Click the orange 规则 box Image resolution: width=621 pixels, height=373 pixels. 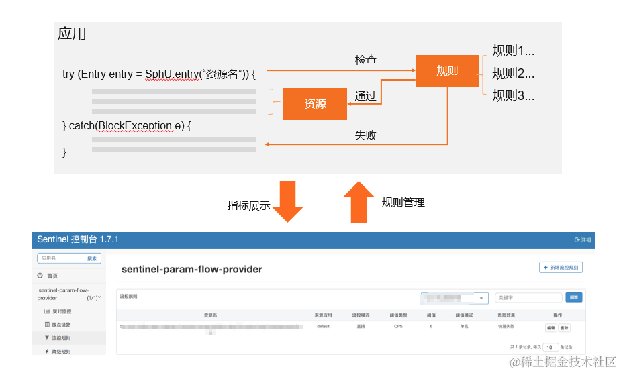coord(446,70)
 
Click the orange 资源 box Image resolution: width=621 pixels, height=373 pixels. coord(315,104)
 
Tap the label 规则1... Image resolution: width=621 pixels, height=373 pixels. coord(513,51)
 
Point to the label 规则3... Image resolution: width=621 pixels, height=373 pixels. coord(513,95)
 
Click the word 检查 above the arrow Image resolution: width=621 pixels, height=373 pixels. coord(365,60)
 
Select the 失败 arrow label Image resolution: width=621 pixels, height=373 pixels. coord(365,136)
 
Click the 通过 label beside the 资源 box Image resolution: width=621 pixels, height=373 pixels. coord(365,96)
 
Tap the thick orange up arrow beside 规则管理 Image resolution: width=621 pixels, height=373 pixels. coord(359,201)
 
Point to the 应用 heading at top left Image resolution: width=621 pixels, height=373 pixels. coord(72,34)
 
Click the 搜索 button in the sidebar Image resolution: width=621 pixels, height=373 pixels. coord(92,258)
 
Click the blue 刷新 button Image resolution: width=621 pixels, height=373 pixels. coord(573,297)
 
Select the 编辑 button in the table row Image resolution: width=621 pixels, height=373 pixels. coord(551,328)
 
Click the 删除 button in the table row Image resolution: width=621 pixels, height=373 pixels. coord(564,328)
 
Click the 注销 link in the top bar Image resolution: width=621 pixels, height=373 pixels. coord(583,239)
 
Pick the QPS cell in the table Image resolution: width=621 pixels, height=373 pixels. coord(399,327)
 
